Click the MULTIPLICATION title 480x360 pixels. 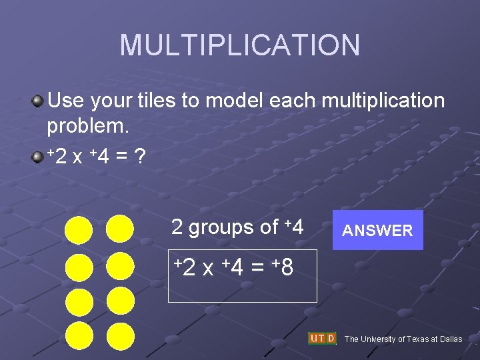240,45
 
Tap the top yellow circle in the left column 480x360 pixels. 79,229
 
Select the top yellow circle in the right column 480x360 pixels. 120,229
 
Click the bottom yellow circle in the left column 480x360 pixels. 79,335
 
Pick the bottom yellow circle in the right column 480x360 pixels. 120,335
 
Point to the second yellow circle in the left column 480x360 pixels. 79,265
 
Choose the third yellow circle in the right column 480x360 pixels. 120,300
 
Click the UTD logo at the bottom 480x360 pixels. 322,338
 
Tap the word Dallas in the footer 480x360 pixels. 449,339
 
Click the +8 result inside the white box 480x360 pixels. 283,268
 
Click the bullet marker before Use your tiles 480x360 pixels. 38,101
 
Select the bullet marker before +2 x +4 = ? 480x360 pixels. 38,157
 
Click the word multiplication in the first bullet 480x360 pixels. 383,101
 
